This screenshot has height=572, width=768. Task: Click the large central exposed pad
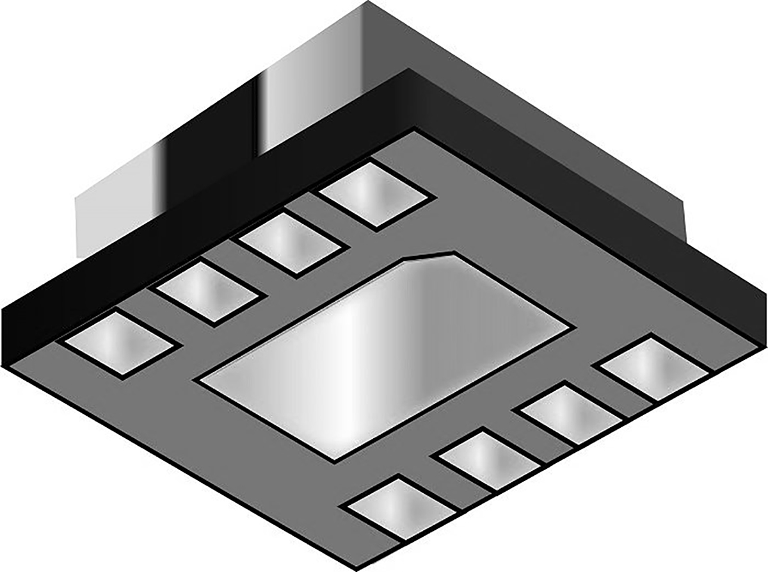(384, 355)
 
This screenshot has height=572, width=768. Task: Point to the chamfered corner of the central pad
(429, 255)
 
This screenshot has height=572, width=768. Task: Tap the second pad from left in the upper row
(208, 292)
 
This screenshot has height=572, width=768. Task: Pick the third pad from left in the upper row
(292, 243)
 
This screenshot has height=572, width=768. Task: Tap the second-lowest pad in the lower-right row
(488, 459)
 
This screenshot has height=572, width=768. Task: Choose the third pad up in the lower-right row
(572, 413)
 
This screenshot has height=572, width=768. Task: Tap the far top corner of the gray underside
(415, 131)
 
